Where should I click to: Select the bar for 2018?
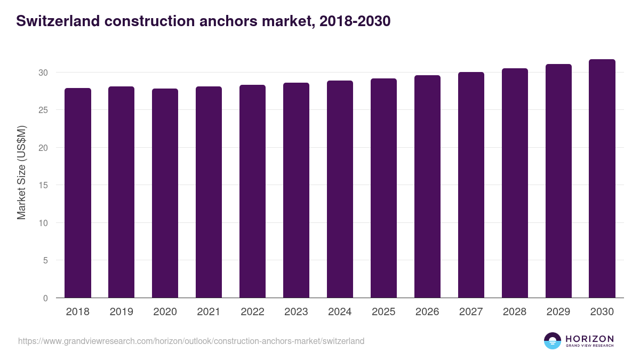(x=78, y=193)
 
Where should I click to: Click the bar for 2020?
(x=165, y=193)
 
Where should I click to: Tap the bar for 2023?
(x=297, y=190)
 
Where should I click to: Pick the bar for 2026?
(x=428, y=187)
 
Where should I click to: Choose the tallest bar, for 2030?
(x=602, y=179)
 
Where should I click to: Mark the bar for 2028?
(x=515, y=183)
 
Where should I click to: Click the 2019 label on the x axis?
(x=122, y=312)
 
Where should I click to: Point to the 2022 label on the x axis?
(x=253, y=312)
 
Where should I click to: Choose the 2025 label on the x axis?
(x=384, y=312)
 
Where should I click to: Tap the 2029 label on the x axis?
(x=558, y=312)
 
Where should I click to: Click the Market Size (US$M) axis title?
(x=22, y=172)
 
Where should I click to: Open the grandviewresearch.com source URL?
(x=191, y=341)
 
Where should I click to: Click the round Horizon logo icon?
(x=553, y=341)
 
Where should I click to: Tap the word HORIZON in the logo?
(x=589, y=338)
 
